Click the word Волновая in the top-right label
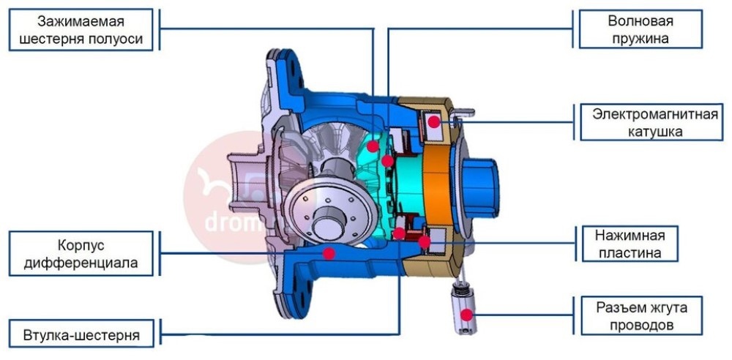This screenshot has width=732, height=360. pos(640,21)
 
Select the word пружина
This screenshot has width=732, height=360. pos(641,38)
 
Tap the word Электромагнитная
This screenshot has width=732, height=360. pos(655,114)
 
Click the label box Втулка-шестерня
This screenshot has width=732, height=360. pos(81,334)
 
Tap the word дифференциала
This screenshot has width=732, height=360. pos(81,263)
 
